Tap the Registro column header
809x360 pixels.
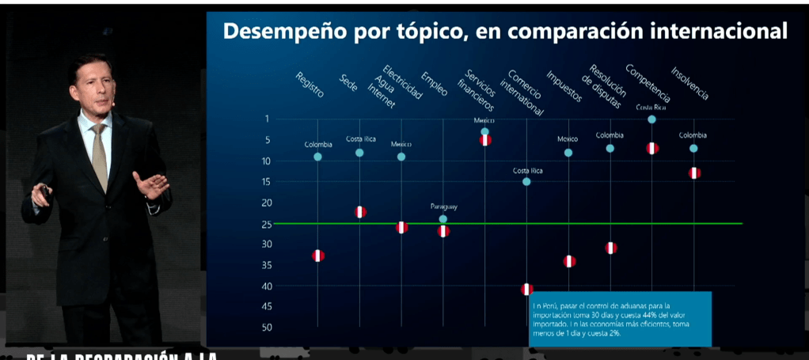pos(309,85)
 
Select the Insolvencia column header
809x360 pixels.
pos(689,83)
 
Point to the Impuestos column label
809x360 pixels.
pos(564,86)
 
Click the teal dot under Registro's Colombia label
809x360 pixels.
pos(317,157)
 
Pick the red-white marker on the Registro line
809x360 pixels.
pos(318,256)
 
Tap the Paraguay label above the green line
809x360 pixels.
pos(444,207)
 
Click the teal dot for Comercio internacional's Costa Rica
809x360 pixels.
pos(526,182)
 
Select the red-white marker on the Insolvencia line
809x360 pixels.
pos(694,172)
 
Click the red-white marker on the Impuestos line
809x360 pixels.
pos(569,261)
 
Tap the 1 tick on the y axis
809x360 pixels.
pos(267,119)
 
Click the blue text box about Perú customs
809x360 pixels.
pos(620,318)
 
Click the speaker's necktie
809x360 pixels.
pos(99,154)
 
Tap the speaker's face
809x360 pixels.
pos(93,85)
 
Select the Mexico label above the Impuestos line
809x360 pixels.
pos(568,139)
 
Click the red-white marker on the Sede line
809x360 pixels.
pos(360,212)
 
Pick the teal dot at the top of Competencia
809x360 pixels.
pos(651,119)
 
